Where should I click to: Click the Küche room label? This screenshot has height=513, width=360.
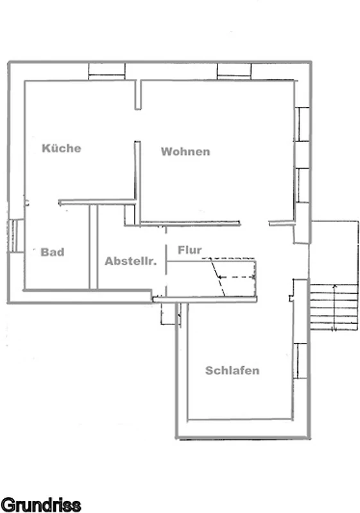62,148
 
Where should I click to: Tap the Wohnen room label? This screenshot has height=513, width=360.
185,151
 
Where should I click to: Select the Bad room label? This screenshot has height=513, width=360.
53,252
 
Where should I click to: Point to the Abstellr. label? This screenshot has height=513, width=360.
131,261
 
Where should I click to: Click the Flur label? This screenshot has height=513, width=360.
190,250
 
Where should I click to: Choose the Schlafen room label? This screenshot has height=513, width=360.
232,371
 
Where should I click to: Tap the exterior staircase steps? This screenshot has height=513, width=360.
334,308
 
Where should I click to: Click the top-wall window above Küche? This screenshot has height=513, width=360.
107,72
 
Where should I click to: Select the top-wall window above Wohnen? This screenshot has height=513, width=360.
234,72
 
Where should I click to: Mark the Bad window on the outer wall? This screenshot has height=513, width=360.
15,235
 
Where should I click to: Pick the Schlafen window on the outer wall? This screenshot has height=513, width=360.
300,361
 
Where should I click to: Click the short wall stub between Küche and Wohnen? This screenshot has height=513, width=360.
138,95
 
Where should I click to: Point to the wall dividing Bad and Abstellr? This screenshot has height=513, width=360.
93,247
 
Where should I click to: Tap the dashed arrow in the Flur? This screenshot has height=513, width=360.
237,277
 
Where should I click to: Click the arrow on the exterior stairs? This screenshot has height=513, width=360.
334,308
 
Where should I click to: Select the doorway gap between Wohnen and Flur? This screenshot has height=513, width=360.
255,223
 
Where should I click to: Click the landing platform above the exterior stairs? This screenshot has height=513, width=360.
334,253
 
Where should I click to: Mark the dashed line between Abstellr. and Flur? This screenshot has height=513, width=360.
166,262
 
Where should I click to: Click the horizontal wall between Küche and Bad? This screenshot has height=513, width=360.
97,202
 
